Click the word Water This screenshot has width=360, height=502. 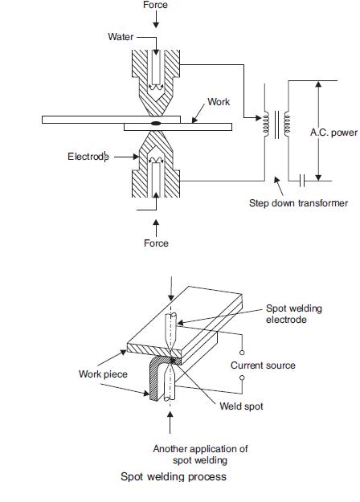[x=121, y=37]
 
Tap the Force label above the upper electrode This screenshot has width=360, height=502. [x=155, y=5]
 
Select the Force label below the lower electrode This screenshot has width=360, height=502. [x=156, y=243]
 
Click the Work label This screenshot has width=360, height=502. [x=219, y=102]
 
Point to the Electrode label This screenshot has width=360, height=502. [x=88, y=157]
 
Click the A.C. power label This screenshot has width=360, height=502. [x=333, y=133]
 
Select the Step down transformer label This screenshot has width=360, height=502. [x=298, y=203]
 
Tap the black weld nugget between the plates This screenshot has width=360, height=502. [x=156, y=123]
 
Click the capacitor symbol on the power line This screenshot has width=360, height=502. [x=302, y=181]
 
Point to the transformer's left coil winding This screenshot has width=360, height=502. [x=266, y=124]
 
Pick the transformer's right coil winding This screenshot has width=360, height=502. [x=287, y=124]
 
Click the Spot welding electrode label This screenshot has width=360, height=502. [x=294, y=314]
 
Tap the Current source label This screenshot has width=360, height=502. [x=263, y=365]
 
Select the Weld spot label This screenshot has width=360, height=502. [x=241, y=406]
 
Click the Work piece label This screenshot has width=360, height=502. [x=103, y=374]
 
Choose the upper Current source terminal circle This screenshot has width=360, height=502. [x=242, y=353]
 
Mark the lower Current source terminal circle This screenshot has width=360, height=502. [x=242, y=378]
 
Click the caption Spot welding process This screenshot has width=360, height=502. [x=174, y=476]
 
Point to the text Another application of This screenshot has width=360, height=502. [x=200, y=449]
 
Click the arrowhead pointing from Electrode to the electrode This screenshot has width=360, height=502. [x=136, y=157]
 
